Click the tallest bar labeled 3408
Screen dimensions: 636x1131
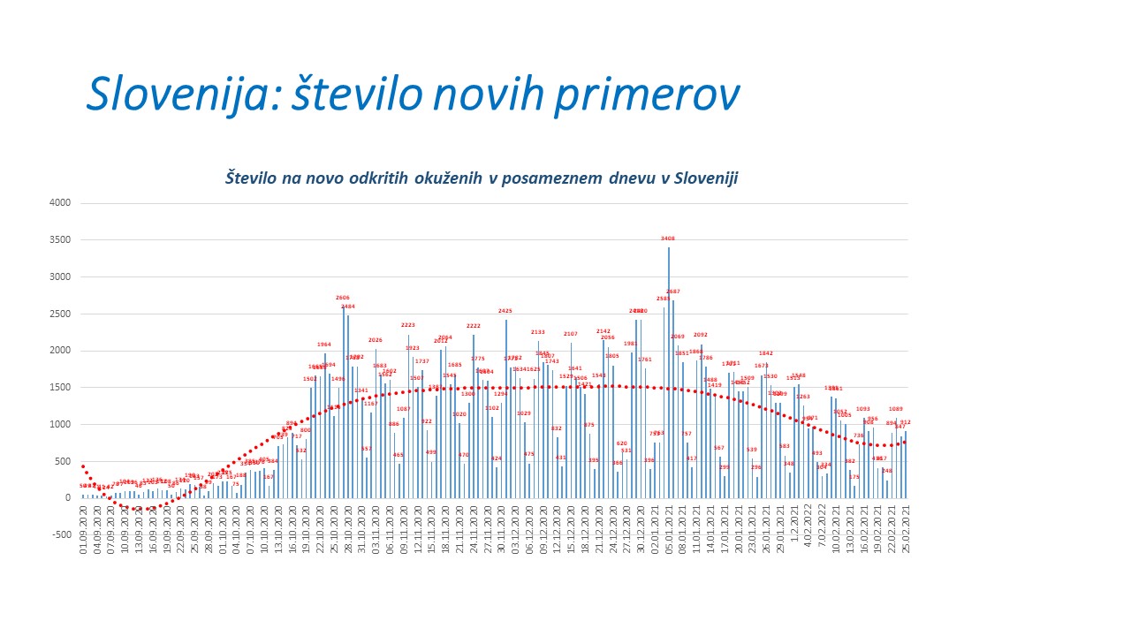point(668,371)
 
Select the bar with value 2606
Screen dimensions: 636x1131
point(343,402)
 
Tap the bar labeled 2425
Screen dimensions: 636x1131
point(505,406)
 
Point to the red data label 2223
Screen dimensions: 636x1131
point(407,325)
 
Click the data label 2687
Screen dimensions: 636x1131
point(673,291)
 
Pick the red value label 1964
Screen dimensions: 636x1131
point(324,344)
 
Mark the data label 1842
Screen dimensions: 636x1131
point(766,353)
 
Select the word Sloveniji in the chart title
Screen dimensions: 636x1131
point(706,178)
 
